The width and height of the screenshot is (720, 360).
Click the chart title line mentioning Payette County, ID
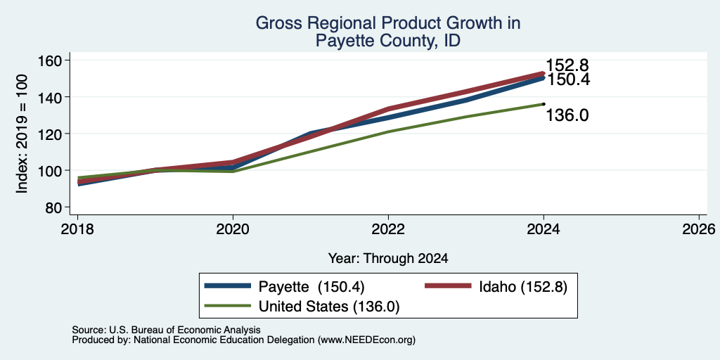(x=387, y=41)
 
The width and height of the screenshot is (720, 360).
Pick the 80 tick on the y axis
(x=55, y=207)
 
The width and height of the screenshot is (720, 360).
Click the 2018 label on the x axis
(x=77, y=229)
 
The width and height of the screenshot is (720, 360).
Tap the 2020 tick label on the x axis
(x=233, y=229)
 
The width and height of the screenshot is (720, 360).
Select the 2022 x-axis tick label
(x=388, y=229)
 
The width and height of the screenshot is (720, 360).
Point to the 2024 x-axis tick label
(x=544, y=229)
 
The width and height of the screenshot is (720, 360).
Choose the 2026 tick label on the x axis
(x=699, y=229)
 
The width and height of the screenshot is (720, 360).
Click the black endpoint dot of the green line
(x=544, y=104)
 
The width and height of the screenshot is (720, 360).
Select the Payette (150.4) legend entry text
(x=311, y=287)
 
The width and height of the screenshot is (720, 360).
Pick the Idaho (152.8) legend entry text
(x=523, y=287)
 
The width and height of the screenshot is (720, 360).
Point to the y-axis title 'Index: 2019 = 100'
(x=22, y=134)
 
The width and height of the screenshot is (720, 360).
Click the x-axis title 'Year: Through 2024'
(x=388, y=259)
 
